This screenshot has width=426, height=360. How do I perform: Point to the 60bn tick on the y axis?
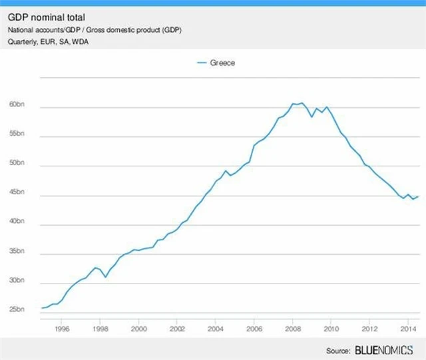(x=17, y=106)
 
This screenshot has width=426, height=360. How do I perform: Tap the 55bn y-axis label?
(x=17, y=136)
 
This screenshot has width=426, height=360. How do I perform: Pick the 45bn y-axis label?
(x=17, y=194)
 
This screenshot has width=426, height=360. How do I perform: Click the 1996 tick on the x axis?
(x=61, y=328)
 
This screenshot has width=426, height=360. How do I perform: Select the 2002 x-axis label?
(x=177, y=328)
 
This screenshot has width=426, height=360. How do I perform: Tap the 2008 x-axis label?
(x=293, y=328)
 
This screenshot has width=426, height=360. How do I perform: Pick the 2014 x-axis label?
(x=407, y=328)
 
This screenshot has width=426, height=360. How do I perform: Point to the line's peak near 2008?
(x=301, y=103)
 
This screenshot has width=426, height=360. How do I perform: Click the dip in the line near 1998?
(x=105, y=276)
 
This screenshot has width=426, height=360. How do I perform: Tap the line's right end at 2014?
(x=417, y=196)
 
